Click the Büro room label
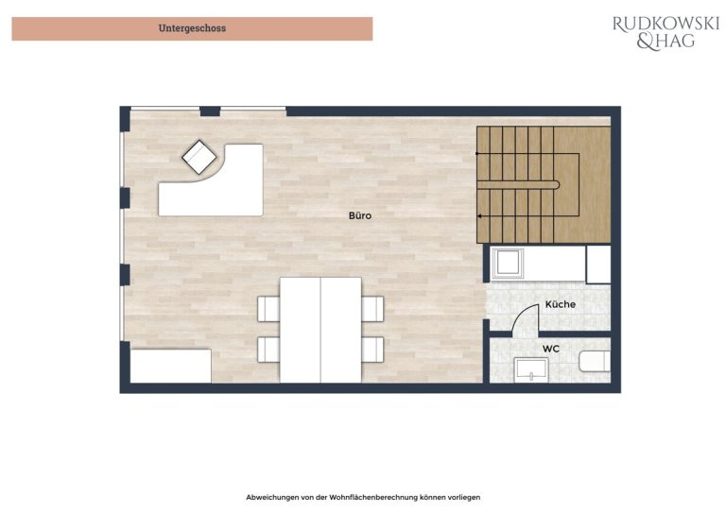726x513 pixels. coord(360,215)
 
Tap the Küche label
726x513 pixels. coord(561,304)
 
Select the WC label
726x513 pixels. coord(551,349)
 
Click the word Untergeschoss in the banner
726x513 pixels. coord(192,28)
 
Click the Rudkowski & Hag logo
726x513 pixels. coord(665,32)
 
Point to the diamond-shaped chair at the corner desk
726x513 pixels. coord(199,157)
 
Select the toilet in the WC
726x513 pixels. coord(595,361)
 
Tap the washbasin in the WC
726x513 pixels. coord(530,369)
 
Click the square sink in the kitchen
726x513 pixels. coord(508,264)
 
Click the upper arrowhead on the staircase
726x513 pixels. coord(477,153)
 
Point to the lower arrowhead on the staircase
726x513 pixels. coord(479,216)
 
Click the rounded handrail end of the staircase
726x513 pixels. coord(557,185)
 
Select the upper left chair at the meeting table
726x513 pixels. coord(268,309)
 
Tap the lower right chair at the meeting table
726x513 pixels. coord(372,350)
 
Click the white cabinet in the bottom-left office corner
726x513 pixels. coord(171,366)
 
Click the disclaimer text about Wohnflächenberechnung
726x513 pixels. coord(363,497)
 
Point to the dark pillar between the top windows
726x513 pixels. coord(210,111)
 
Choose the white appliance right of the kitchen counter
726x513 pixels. coord(598,265)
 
